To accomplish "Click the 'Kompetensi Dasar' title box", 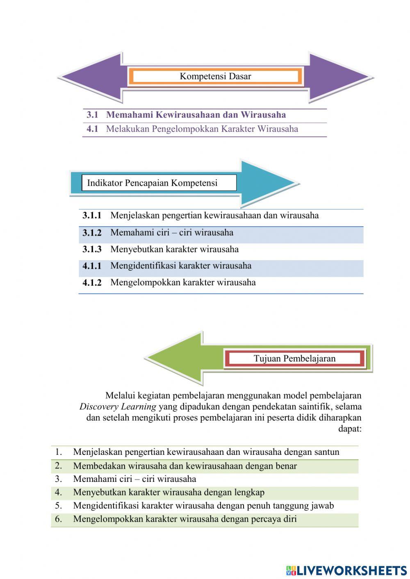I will point(215,76).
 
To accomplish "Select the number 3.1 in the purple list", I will point(92,115).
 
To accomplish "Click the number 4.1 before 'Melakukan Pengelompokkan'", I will point(92,129).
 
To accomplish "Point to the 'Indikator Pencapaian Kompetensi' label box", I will point(159,183).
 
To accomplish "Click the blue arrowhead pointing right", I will point(266,183).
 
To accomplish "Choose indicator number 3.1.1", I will point(92,216).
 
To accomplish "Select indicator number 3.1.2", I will point(92,233).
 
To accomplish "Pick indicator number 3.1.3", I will point(92,249).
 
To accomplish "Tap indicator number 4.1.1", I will point(92,266).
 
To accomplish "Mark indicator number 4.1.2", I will point(92,283).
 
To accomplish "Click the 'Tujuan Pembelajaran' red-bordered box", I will point(294,359).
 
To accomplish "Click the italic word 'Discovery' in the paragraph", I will point(97,407).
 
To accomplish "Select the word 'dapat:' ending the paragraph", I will point(349,429).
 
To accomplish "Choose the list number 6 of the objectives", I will point(58,519).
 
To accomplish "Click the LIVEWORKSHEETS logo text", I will point(351,570).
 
